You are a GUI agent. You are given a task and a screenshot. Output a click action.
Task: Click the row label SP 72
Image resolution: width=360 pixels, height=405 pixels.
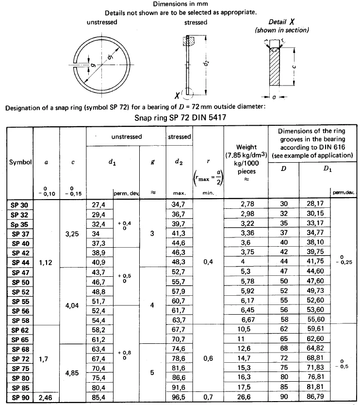(20, 359)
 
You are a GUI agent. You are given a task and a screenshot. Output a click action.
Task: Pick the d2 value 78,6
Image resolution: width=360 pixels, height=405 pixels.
(179, 359)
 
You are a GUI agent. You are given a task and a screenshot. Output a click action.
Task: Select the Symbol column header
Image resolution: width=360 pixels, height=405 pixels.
(20, 163)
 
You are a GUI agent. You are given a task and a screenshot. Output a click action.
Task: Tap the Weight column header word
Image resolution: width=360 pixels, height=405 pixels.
(246, 147)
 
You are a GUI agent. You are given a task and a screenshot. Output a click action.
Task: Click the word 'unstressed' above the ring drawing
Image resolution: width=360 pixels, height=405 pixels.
(102, 23)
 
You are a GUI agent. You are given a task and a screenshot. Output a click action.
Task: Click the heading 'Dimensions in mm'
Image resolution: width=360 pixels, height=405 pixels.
(180, 4)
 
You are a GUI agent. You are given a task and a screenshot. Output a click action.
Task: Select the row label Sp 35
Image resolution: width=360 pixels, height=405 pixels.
(20, 224)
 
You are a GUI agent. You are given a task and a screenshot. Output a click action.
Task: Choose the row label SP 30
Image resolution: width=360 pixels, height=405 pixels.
(20, 204)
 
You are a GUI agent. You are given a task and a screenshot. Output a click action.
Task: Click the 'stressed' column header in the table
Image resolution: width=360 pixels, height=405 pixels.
(179, 137)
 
